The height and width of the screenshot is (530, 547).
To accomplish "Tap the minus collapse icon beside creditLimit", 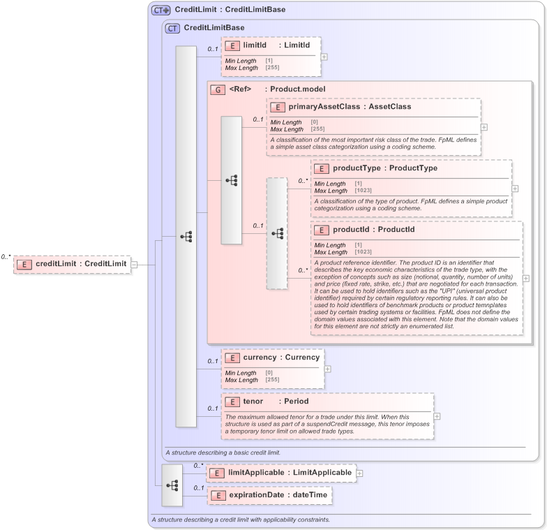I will (x=134, y=264).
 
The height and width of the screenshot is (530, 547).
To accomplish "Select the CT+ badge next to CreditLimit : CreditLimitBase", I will (x=161, y=10).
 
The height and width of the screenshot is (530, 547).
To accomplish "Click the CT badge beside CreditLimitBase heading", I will (x=172, y=28).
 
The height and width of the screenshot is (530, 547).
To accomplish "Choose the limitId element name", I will (x=255, y=45).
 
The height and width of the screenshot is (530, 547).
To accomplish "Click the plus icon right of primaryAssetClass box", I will (x=484, y=127).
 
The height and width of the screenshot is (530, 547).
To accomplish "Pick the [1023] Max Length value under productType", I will (x=363, y=191).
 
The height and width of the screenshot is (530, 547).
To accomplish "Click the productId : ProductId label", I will (x=373, y=230).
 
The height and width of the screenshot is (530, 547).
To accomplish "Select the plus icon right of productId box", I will (x=526, y=278).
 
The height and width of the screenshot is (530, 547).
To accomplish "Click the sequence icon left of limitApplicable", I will (x=172, y=485).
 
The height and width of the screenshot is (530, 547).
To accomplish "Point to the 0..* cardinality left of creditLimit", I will (x=6, y=257).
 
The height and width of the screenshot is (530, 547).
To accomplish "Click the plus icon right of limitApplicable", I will (x=360, y=473).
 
